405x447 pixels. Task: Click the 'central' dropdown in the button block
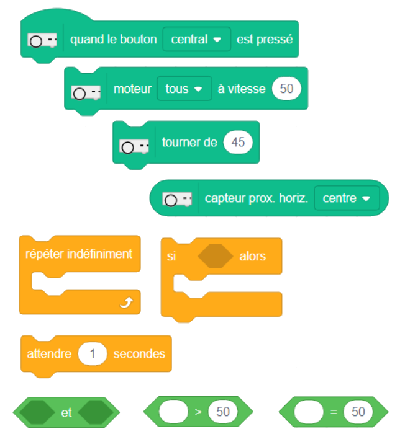point(196,39)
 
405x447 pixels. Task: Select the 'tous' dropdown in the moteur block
point(184,89)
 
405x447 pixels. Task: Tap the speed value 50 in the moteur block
point(286,89)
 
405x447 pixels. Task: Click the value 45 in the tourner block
point(238,142)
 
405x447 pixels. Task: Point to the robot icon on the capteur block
point(178,199)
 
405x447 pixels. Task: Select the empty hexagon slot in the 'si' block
point(215,256)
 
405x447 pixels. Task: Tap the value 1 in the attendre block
point(93,354)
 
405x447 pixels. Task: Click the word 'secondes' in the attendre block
point(139,354)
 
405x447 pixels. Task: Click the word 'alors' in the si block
point(252,256)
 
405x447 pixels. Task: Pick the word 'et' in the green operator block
point(66,412)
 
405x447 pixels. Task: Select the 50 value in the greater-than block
point(223,412)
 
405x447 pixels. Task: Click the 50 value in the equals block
point(358,412)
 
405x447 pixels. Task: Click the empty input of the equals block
point(309,412)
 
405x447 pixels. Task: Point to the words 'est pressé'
point(264,39)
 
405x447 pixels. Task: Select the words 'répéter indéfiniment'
point(78,254)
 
